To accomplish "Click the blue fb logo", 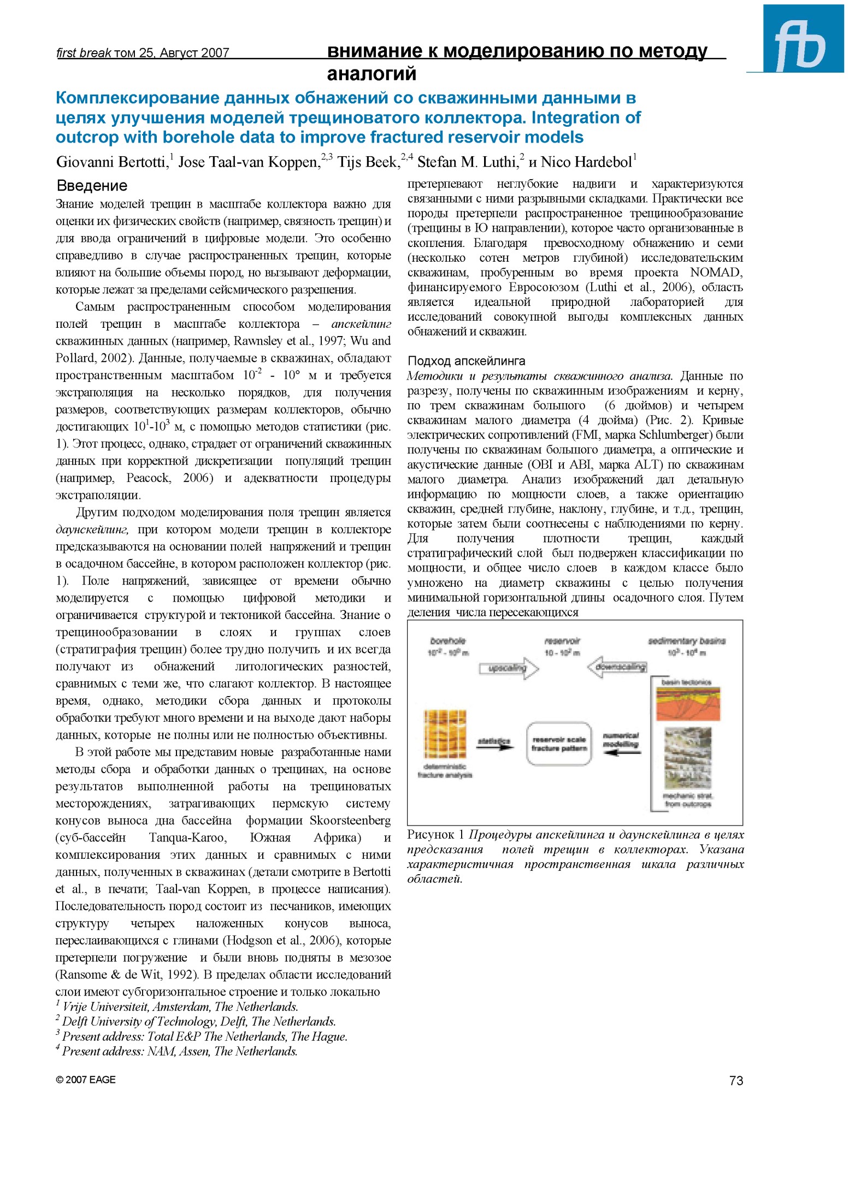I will click(803, 39).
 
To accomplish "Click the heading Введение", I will click(92, 186).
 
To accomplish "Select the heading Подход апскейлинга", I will click(466, 361).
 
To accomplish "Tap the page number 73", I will click(735, 1081).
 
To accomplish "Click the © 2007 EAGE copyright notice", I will click(86, 1080).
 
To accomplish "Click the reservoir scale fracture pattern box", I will click(559, 744).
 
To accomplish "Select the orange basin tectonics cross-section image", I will click(687, 704).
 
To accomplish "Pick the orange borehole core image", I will click(445, 735).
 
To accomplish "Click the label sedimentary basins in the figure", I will click(686, 641).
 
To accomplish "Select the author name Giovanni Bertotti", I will click(111, 162).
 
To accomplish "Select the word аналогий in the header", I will click(371, 73).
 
